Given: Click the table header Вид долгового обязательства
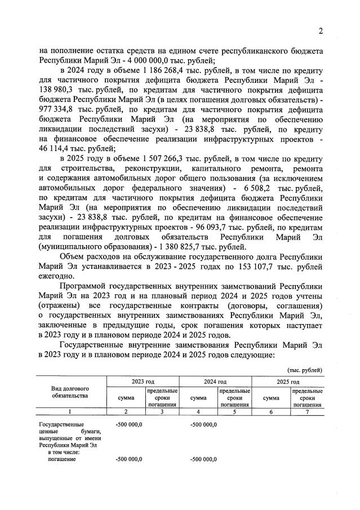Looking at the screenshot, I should [x=70, y=393].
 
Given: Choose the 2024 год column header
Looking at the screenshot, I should [x=215, y=382].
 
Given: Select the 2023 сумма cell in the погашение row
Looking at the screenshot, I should [x=128, y=459].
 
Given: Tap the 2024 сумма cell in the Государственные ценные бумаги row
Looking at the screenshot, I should [x=203, y=424].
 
